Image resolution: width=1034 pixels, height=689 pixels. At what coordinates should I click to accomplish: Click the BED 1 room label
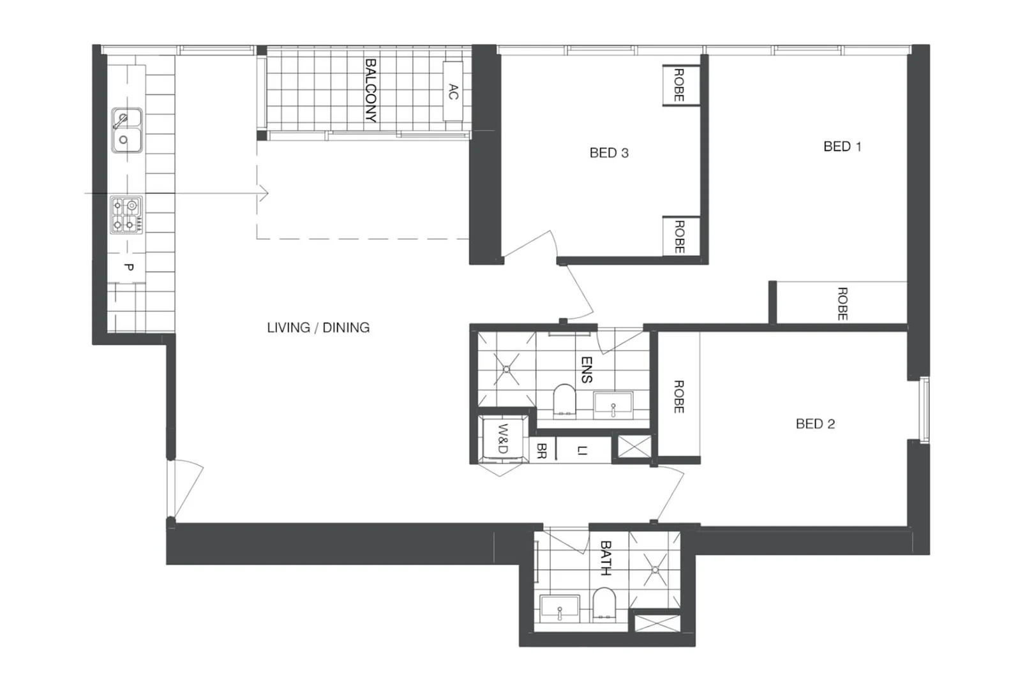(x=842, y=147)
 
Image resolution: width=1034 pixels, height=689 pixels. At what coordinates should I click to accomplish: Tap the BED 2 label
(x=815, y=424)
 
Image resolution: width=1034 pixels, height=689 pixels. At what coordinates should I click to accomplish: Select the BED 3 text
(x=609, y=153)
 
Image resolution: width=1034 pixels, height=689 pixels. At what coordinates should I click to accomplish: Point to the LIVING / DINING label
(x=318, y=327)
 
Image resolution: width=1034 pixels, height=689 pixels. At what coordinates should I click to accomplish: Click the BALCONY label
(x=370, y=90)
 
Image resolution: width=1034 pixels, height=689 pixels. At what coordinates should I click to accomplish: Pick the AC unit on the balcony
(x=453, y=91)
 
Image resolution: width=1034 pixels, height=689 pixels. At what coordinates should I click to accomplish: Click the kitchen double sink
(x=126, y=130)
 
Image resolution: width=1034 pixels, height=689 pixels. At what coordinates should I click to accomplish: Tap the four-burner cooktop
(x=126, y=214)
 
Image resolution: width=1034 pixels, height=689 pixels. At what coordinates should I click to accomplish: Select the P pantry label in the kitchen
(x=128, y=267)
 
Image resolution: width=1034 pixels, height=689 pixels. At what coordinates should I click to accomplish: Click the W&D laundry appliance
(x=503, y=438)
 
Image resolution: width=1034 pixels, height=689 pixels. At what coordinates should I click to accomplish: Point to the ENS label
(x=587, y=370)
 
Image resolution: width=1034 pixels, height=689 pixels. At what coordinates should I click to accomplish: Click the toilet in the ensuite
(x=564, y=400)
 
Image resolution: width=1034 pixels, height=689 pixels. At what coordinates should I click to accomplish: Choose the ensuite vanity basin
(x=613, y=405)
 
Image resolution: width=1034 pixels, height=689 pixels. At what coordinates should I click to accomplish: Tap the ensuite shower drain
(x=507, y=369)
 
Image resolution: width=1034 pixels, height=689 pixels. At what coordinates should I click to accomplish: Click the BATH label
(x=606, y=558)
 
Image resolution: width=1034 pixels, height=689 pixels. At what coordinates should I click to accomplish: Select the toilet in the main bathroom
(x=603, y=604)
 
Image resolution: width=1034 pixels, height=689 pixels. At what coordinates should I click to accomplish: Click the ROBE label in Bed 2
(x=679, y=396)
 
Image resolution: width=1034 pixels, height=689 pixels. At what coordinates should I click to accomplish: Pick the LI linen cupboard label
(x=581, y=450)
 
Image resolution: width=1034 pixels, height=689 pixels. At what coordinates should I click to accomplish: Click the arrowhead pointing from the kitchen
(x=264, y=193)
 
